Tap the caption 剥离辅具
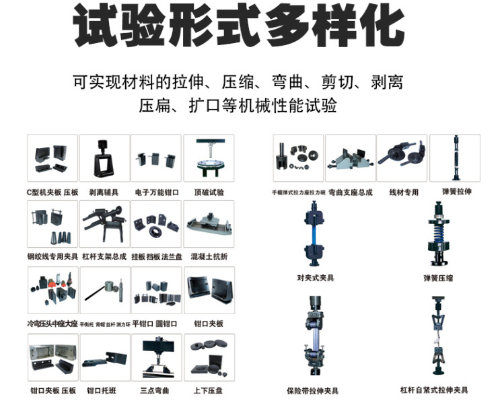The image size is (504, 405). pyautogui.click(x=104, y=192)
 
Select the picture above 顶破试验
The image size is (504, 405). pyautogui.click(x=209, y=158)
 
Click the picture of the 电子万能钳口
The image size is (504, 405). pyautogui.click(x=156, y=158)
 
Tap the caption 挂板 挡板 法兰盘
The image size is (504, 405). pyautogui.click(x=156, y=256)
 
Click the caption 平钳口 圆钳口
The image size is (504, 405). pyautogui.click(x=156, y=322)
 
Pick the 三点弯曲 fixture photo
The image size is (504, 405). pyautogui.click(x=156, y=357)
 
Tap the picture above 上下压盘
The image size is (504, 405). pyautogui.click(x=209, y=357)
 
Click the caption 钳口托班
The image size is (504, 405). pyautogui.click(x=104, y=390)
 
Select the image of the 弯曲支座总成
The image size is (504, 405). pyautogui.click(x=350, y=158)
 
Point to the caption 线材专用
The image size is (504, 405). pyautogui.click(x=403, y=192)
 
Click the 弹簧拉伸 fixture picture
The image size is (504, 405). pyautogui.click(x=455, y=158)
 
